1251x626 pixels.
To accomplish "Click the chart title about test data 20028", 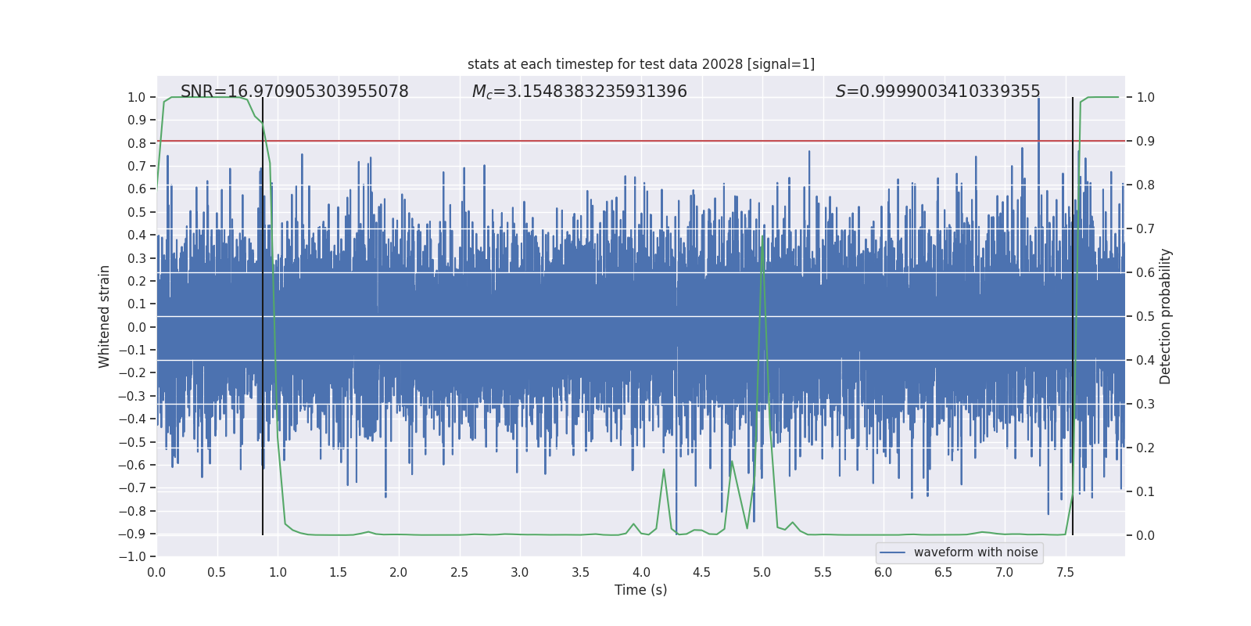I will coord(641,64).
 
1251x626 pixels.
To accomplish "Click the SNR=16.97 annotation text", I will coord(295,92).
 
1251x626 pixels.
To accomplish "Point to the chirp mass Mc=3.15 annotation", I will coord(579,92).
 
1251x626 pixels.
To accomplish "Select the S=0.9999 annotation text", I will coord(937,92).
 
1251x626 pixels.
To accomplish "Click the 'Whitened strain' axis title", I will coord(104,316).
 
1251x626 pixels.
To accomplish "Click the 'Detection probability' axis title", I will coord(1165,316).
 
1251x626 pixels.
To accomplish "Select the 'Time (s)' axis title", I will coord(641,590).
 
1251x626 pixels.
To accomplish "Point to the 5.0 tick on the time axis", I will coord(762,572).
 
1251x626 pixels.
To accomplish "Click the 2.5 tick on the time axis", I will coord(459,572).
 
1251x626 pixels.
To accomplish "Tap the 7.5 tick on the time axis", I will coord(1065,572).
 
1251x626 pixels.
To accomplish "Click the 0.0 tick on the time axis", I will coord(156,572).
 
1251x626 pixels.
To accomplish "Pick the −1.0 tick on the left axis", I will coord(132,556).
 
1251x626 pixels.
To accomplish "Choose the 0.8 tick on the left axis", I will coord(137,143).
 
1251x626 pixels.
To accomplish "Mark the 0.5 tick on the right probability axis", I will coord(1145,316).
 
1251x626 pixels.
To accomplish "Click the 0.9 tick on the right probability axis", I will coord(1145,141).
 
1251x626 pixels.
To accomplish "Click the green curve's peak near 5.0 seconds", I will coord(762,236).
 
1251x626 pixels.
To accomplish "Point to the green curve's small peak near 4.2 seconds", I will coord(664,469).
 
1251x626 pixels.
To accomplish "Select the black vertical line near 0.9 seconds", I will coord(263,313).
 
